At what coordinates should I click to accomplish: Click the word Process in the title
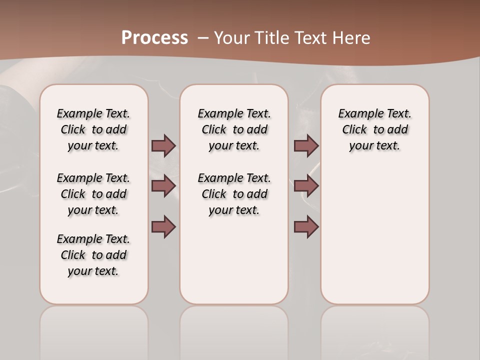point(154,37)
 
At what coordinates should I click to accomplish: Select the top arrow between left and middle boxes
point(163,145)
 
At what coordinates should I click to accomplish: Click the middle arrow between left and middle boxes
point(163,186)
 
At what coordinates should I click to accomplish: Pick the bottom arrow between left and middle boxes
point(163,226)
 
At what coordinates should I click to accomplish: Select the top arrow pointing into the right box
point(306,145)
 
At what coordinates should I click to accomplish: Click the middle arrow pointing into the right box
point(306,186)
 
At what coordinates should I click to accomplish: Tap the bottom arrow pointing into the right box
point(306,226)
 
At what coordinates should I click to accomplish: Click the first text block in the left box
point(93,129)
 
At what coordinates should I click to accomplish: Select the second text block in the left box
point(93,194)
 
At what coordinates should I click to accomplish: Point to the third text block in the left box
point(93,255)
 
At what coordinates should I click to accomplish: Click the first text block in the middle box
point(234,129)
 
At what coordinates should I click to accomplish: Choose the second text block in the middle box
point(234,194)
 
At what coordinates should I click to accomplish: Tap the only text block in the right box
point(374,129)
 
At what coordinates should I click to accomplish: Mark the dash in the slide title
point(203,38)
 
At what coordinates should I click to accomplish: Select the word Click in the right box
point(354,130)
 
